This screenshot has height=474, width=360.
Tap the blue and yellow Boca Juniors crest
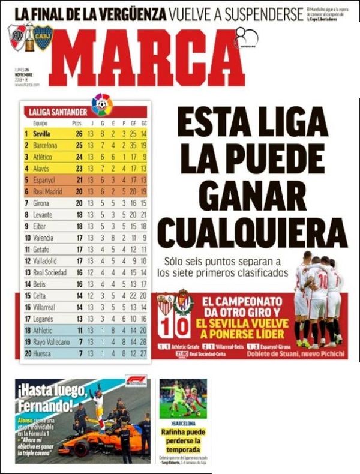coord(43,37)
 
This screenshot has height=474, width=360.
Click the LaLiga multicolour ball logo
coord(102,105)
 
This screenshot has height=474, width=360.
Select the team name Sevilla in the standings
coord(41,133)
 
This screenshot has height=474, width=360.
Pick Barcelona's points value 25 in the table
coord(79,145)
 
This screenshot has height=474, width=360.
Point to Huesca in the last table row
coord(43,353)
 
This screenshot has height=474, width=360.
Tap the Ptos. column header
coord(77,123)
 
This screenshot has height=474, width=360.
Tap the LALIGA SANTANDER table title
coord(57,112)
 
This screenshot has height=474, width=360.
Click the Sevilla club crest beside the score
coord(165,304)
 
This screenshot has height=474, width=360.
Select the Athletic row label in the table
coord(43,330)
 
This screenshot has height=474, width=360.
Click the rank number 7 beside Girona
coord(26,203)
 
